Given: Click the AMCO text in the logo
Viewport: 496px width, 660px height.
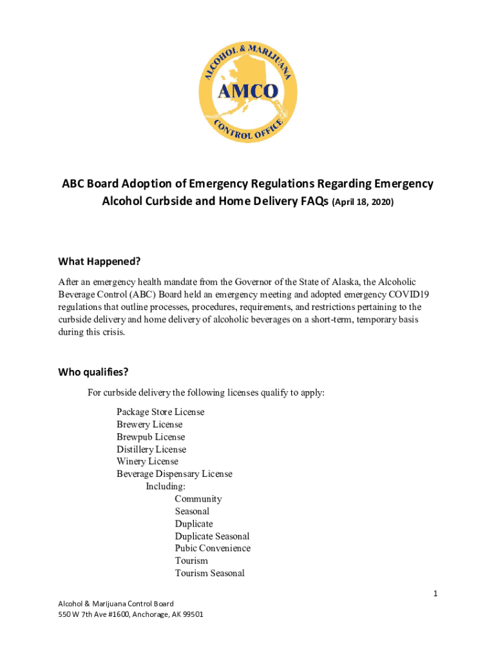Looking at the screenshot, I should (247, 91).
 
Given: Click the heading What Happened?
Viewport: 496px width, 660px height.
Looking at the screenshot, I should (99, 261).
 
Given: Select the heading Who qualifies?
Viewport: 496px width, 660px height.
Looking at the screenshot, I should (93, 372).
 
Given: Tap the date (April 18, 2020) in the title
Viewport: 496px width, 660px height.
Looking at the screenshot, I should (362, 202).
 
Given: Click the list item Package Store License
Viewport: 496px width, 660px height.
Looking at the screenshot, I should (160, 412).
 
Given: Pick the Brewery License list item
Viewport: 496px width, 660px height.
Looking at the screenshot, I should (149, 424).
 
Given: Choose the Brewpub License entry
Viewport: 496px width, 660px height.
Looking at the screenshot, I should (151, 437).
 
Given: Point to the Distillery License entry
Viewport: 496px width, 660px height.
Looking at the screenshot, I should (151, 449).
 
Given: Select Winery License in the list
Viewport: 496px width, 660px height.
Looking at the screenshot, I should (148, 461).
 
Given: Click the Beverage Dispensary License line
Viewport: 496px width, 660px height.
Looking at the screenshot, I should (175, 474).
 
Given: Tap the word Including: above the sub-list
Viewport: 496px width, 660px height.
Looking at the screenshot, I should (166, 487).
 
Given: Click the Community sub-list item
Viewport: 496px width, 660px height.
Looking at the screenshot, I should (198, 499).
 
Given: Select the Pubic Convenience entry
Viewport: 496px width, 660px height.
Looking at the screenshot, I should (213, 548).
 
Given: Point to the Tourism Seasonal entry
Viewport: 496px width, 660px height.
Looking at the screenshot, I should (209, 573).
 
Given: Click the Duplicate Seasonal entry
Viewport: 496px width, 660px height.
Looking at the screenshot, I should (212, 536).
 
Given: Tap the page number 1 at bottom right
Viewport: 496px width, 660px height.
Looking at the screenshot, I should (435, 594).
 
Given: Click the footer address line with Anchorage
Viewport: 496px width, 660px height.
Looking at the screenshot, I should (131, 614).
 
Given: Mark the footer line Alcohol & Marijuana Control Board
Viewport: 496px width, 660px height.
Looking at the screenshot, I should (116, 603).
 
